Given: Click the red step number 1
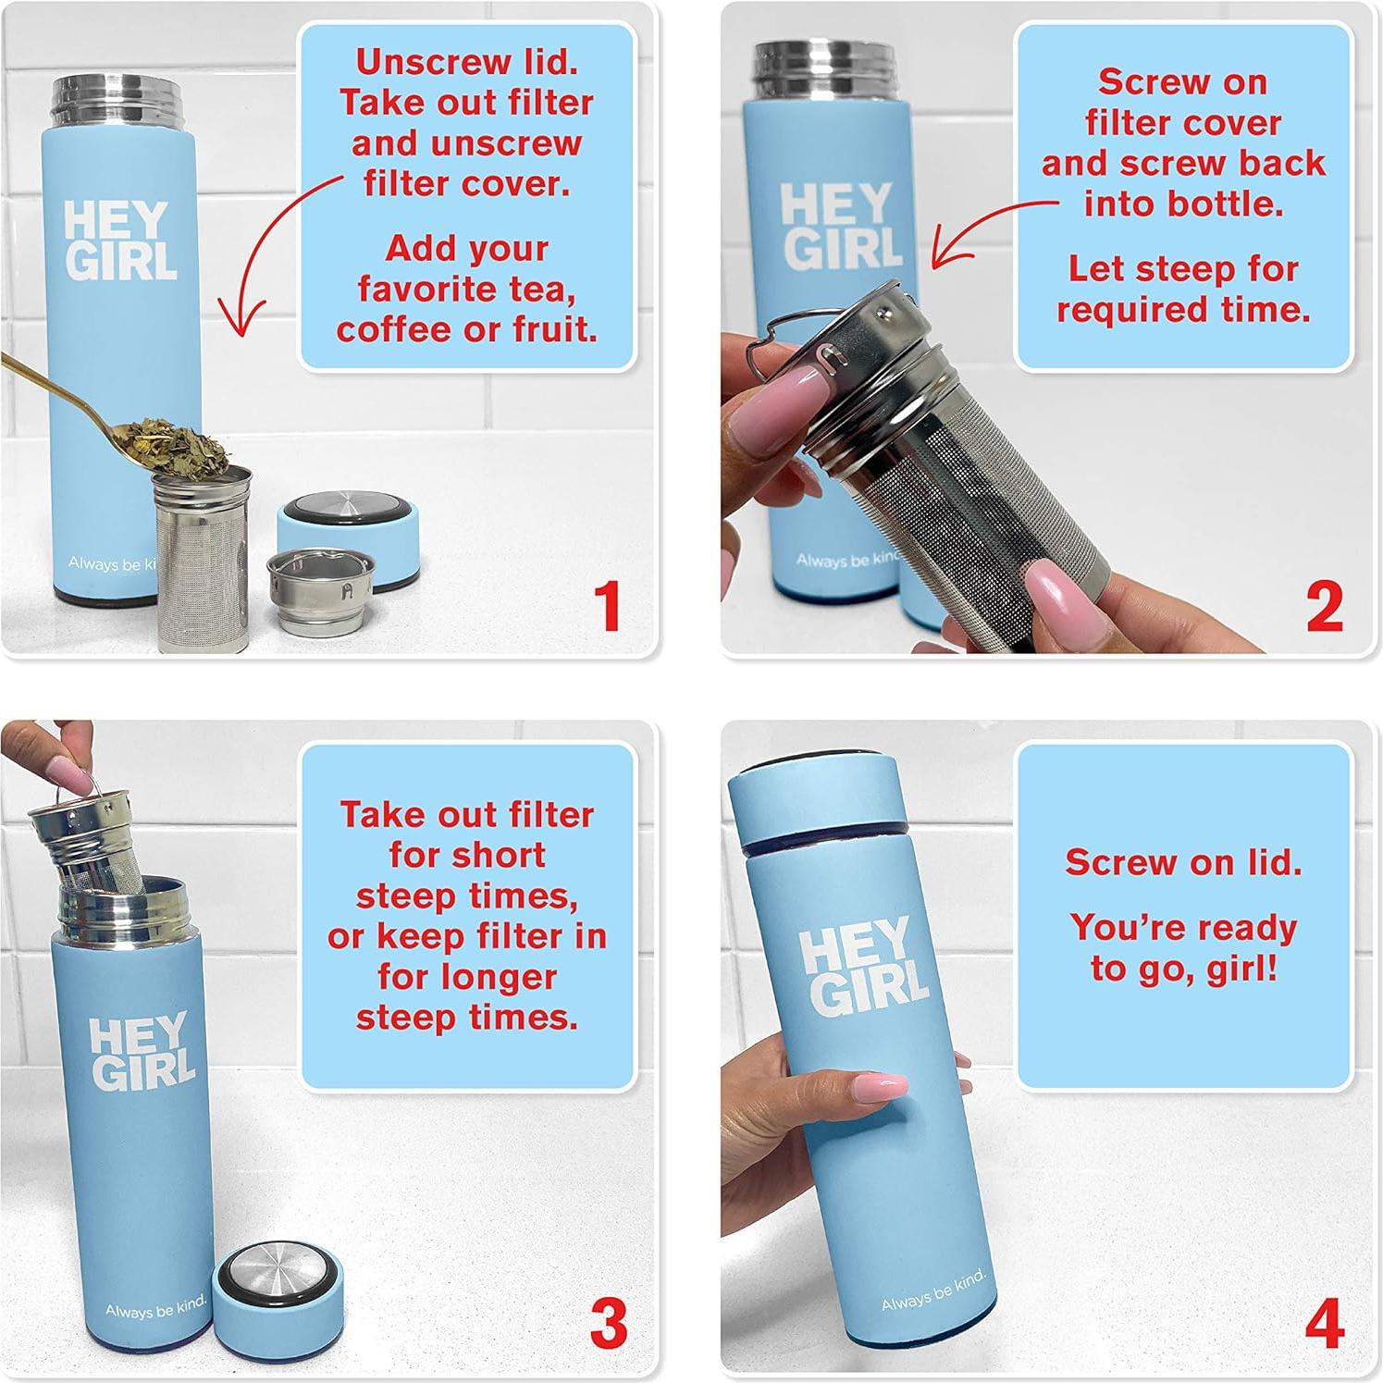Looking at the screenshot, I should [607, 606].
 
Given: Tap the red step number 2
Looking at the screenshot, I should [1324, 606].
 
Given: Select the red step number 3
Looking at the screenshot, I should [609, 1324].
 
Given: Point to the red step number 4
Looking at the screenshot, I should [1324, 1324].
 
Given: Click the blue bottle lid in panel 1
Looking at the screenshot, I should [349, 533].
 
